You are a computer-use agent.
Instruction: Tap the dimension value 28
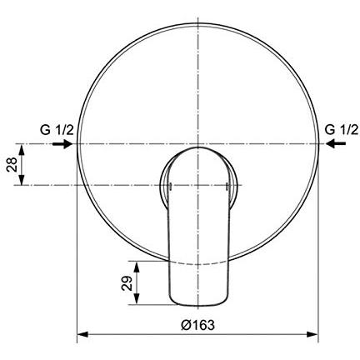click(12, 164)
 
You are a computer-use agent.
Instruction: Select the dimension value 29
click(127, 283)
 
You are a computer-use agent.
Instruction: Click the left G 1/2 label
click(57, 130)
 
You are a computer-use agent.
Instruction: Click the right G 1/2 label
click(342, 130)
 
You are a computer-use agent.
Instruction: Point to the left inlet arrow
click(62, 144)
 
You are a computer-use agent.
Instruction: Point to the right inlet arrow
click(336, 143)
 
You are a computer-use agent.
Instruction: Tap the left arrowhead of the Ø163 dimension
click(82, 334)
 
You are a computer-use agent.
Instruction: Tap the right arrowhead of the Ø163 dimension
click(312, 334)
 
